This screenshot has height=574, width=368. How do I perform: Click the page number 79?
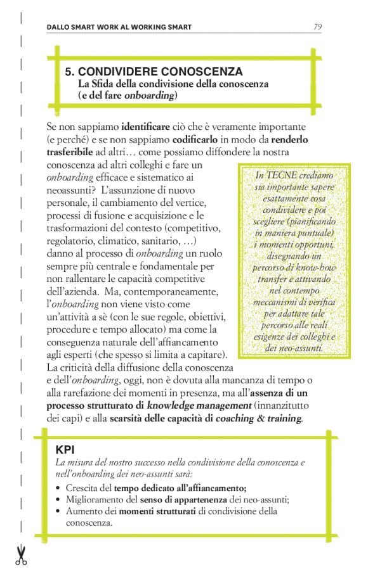point(319,27)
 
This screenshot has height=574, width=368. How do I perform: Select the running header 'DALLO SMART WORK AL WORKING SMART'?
point(119,27)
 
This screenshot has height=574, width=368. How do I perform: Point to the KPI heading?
point(65,450)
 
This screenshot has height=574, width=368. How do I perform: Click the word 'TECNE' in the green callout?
point(280,175)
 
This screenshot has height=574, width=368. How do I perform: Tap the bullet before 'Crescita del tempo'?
point(58,488)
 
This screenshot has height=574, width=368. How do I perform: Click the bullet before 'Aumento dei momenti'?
point(58,512)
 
